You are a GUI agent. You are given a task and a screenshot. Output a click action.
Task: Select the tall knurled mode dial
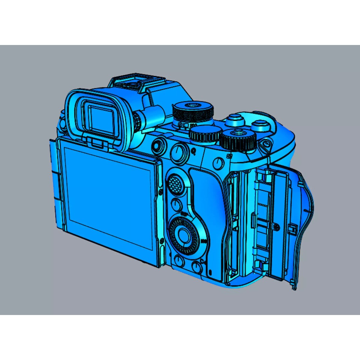[x=193, y=113]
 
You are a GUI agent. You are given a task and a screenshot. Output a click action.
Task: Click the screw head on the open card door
[x=277, y=227]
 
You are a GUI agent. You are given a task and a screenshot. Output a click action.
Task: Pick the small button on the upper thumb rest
[x=218, y=163]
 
